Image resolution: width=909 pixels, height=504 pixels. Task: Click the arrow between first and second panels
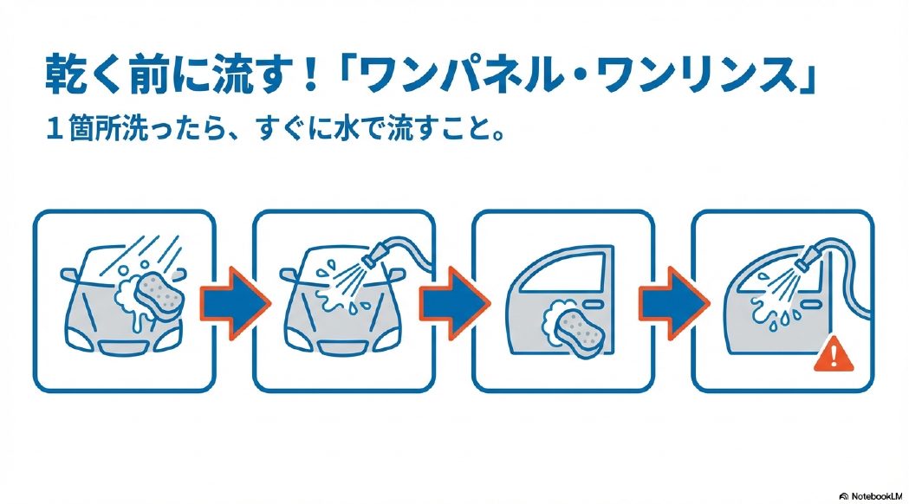coord(233,300)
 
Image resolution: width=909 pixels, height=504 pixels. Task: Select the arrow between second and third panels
coord(452,300)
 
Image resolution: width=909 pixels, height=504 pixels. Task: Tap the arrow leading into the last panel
coord(672,300)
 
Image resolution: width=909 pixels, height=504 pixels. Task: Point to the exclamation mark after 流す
coord(309,78)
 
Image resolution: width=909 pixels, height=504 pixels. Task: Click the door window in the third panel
coord(555,275)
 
